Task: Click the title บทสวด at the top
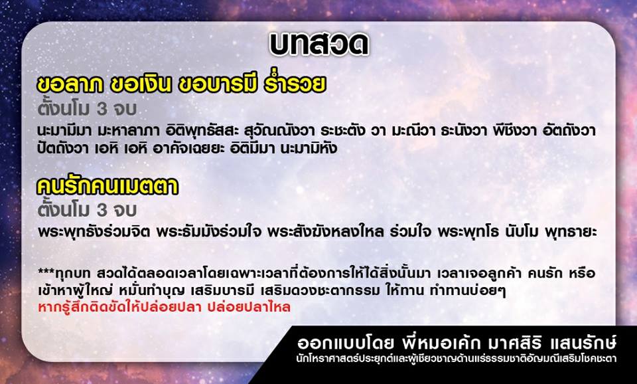[319, 45]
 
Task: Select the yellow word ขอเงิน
[141, 84]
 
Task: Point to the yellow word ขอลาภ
[70, 84]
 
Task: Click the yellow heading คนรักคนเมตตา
[107, 186]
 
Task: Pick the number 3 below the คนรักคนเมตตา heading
[102, 211]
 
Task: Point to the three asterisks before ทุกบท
[44, 271]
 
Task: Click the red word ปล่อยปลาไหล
[249, 307]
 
